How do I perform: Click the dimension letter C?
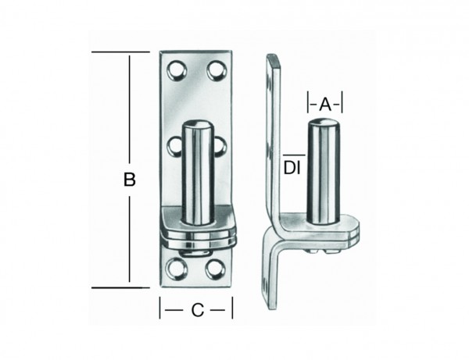click(x=197, y=310)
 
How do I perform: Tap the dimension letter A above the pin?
click(x=326, y=102)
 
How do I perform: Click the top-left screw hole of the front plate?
click(x=177, y=73)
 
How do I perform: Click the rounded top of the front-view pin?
click(x=199, y=125)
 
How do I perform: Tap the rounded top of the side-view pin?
click(x=323, y=125)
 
